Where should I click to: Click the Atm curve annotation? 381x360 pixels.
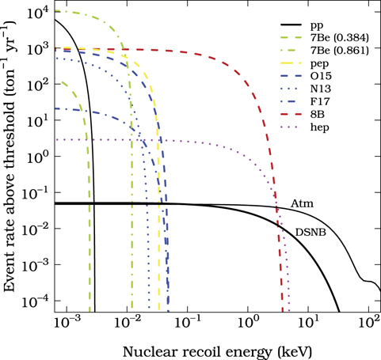coord(301,204)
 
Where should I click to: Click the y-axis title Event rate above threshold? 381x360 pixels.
coord(11,158)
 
